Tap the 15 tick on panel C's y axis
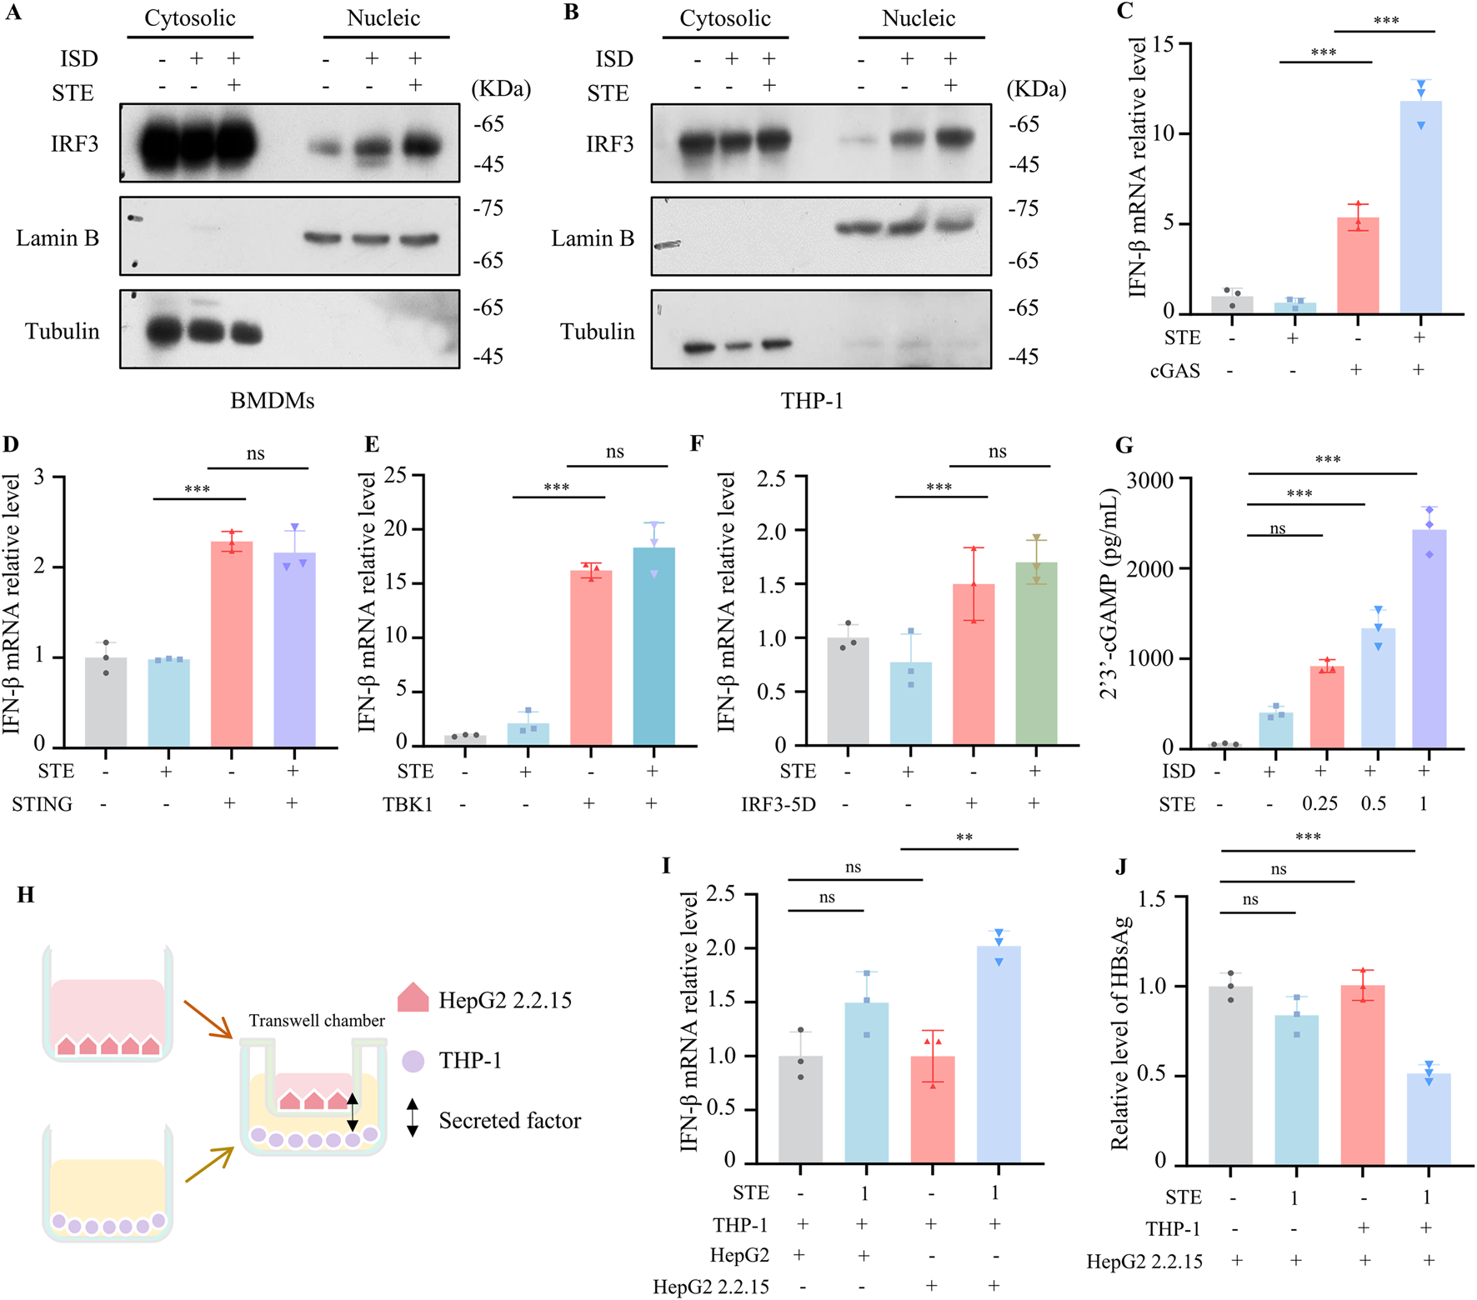(x=1162, y=44)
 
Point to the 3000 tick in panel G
(x=1149, y=480)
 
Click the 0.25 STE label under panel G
(x=1319, y=804)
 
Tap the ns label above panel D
(x=255, y=453)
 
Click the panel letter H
(x=26, y=895)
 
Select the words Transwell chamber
(x=317, y=1021)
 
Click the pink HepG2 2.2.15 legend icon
(x=413, y=998)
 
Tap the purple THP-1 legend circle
(x=413, y=1061)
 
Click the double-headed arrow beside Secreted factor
(x=413, y=1118)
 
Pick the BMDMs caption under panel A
(x=272, y=401)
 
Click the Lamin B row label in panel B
(x=593, y=239)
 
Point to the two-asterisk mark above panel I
(x=964, y=837)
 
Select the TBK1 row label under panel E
(x=408, y=804)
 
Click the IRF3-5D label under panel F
(x=779, y=804)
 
